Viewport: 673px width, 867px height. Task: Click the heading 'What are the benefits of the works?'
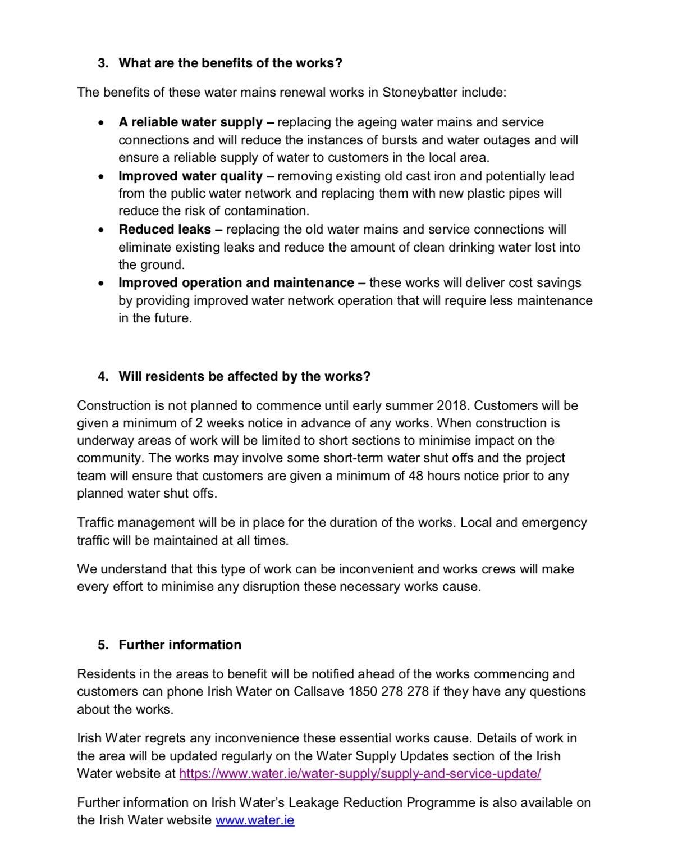point(230,63)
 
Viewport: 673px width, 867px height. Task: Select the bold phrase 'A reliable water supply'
point(190,122)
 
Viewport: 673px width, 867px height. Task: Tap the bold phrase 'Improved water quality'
point(190,176)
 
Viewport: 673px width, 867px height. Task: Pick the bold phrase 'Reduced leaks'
point(164,229)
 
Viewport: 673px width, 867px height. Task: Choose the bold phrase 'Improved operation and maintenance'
point(236,282)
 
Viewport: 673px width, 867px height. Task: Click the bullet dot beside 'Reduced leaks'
point(100,230)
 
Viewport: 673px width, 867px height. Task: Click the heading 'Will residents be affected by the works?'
point(244,376)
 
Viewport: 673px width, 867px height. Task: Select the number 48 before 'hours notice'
point(416,476)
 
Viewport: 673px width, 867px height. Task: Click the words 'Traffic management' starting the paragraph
point(136,522)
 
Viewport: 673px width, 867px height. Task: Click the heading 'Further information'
point(180,645)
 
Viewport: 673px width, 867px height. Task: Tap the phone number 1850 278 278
point(388,691)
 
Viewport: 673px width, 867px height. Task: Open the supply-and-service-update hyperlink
point(360,773)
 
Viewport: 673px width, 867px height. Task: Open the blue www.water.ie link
point(255,820)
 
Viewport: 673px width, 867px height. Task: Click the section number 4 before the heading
point(102,376)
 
